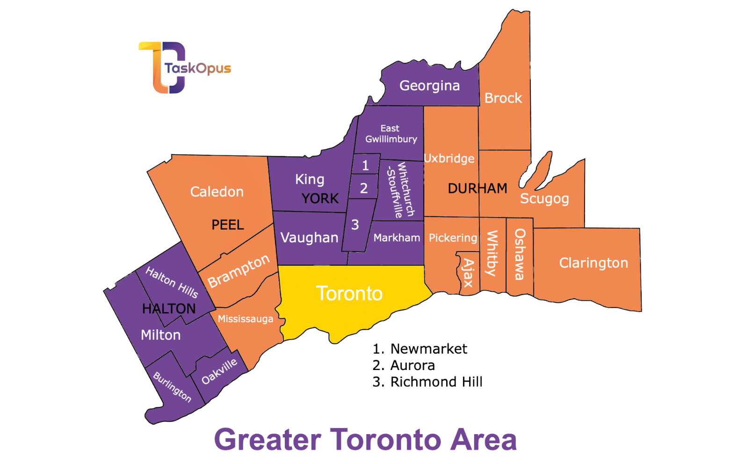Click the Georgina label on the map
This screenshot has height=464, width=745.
click(429, 86)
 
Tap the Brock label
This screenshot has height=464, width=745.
click(503, 98)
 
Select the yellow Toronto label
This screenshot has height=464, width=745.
click(349, 294)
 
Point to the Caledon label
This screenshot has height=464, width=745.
click(217, 192)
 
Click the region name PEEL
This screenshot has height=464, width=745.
click(228, 225)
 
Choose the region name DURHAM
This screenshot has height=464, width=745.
click(477, 188)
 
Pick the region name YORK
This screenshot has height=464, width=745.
click(320, 199)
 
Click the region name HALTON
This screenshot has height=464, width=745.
click(169, 309)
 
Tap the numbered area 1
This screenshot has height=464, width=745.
click(365, 165)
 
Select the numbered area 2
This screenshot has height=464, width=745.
click(364, 188)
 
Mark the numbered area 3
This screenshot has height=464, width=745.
click(355, 225)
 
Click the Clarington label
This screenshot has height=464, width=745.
click(593, 263)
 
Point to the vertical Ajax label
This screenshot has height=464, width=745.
click(469, 273)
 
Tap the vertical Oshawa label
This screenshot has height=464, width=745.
click(520, 254)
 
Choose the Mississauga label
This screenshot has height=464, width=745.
click(246, 319)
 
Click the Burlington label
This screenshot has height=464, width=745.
click(172, 387)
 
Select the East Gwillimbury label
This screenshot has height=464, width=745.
click(391, 134)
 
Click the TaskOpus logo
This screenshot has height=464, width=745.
click(182, 68)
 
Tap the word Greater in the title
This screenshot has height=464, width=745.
click(268, 440)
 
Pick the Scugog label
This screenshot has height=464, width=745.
click(544, 199)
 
